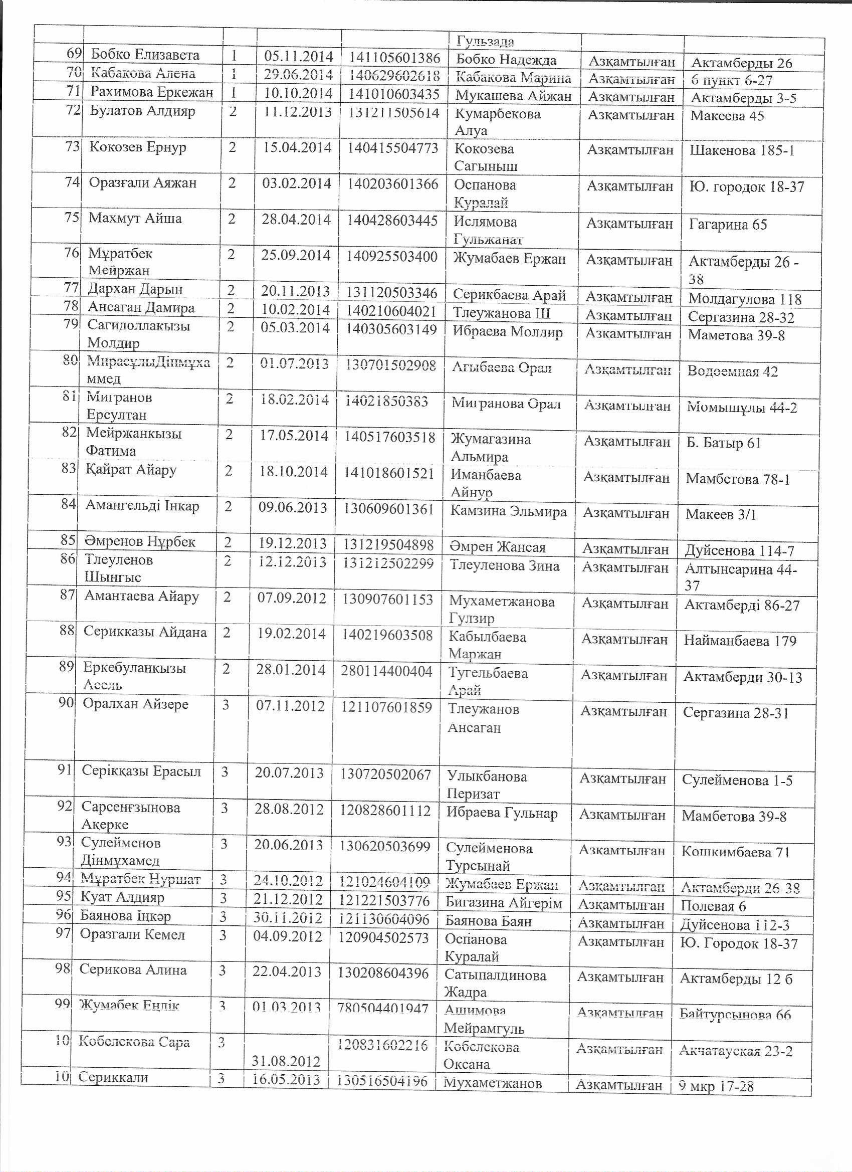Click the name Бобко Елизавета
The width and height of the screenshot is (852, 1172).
coord(145,54)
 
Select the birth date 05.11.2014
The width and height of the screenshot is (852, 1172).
coord(298,56)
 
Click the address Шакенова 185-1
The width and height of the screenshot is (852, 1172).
coord(741,150)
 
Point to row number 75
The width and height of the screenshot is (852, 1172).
coord(72,217)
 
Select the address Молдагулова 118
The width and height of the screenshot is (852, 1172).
coord(745,299)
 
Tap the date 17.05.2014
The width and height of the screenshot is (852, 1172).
coord(294,436)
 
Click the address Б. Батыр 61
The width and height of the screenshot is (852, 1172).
coord(723,443)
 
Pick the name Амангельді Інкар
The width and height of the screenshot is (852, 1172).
coord(142,505)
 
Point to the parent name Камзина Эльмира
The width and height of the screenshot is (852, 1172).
coord(508,512)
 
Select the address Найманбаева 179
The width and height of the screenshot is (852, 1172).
coord(740,641)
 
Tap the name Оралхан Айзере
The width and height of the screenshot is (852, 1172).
coord(135,704)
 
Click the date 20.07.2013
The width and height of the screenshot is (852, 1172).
coord(289,773)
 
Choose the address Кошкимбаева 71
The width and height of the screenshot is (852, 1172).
coord(735,852)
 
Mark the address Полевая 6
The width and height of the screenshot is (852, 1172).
coord(713,906)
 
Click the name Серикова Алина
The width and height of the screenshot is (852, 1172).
coord(133,969)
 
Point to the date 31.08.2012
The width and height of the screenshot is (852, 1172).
coord(286,1061)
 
